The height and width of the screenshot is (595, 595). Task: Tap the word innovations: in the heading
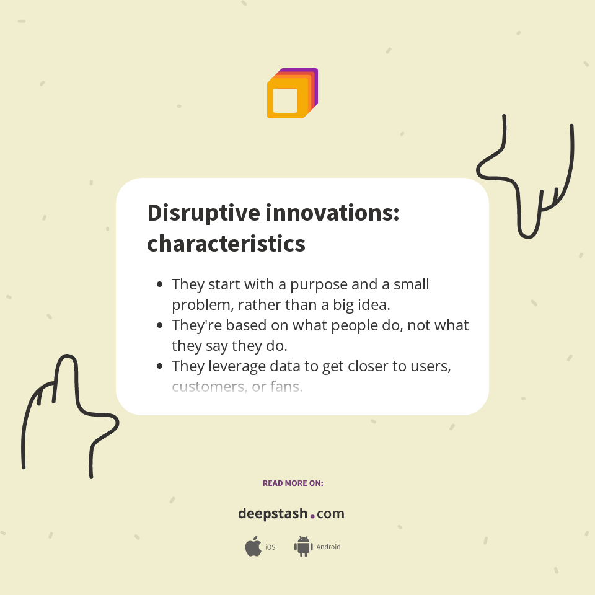tap(332, 213)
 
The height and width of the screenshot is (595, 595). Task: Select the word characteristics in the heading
tap(226, 244)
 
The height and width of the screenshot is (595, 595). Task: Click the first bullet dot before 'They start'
tap(160, 284)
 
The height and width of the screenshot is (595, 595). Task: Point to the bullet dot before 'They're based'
tap(160, 325)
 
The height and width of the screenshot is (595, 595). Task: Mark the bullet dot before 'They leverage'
tap(160, 366)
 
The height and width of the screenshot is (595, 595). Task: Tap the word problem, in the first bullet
tap(199, 305)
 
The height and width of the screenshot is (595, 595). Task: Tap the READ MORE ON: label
tap(293, 483)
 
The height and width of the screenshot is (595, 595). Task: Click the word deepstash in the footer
tap(273, 514)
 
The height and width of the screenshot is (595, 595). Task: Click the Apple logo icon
tap(253, 547)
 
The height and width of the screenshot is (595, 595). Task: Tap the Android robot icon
tap(303, 547)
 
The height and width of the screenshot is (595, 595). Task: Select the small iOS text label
tap(270, 547)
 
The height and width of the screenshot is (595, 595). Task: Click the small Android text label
tap(328, 547)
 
